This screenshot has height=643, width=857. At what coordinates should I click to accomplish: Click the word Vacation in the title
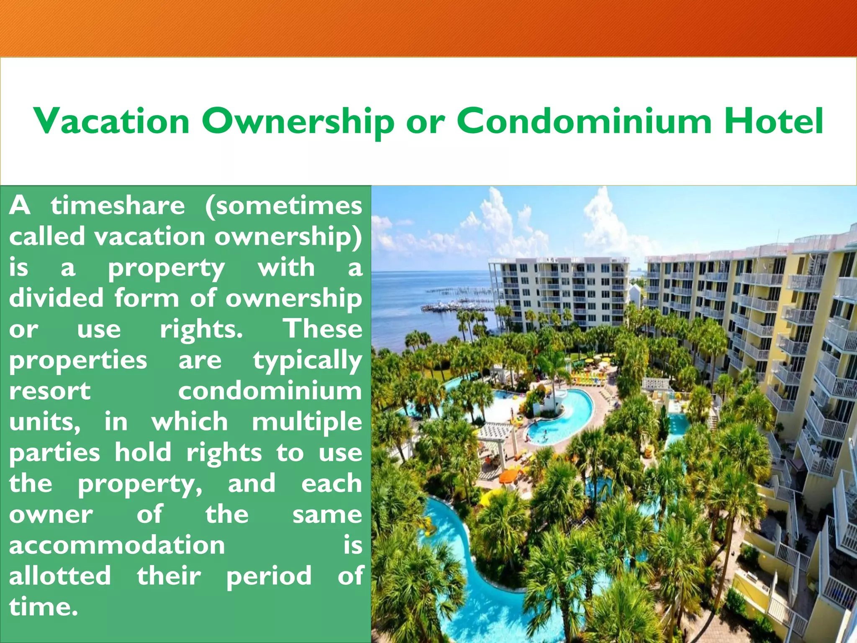click(x=112, y=121)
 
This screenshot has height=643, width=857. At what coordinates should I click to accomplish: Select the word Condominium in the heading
click(x=584, y=121)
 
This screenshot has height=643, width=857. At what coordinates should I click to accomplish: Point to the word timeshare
click(x=118, y=206)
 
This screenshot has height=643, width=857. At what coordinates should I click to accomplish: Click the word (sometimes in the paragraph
click(x=284, y=206)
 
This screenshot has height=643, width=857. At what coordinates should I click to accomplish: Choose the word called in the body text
click(x=47, y=236)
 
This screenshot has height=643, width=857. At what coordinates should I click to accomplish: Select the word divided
click(x=56, y=298)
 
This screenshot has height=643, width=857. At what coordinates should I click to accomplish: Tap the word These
click(x=323, y=329)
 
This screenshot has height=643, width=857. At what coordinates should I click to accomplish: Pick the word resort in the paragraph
click(x=50, y=391)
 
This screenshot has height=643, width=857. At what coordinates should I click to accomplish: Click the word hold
click(x=143, y=452)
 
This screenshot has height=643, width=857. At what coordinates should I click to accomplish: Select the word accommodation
click(x=117, y=545)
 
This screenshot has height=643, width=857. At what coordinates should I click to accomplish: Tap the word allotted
click(x=60, y=576)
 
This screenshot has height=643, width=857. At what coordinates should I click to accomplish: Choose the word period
click(x=269, y=576)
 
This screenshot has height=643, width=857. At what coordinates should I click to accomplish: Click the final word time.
click(x=43, y=607)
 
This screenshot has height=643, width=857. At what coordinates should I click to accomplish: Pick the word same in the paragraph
click(x=327, y=514)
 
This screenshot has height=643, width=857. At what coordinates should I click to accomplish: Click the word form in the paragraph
click(x=146, y=298)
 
